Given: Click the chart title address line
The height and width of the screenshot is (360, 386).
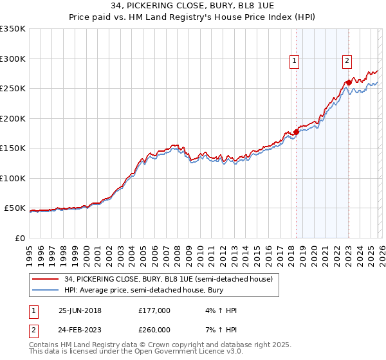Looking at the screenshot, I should tap(192, 5).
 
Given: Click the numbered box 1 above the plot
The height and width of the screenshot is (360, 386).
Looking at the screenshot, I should tap(294, 61).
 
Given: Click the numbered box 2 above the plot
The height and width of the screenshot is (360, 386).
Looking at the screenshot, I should tap(347, 61).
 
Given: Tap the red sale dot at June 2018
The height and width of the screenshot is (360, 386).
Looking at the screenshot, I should tap(296, 132).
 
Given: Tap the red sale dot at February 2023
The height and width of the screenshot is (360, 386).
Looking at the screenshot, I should tap(349, 82).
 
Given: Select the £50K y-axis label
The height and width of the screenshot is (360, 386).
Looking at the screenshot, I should tap(15, 208).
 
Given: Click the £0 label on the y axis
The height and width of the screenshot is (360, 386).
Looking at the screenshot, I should tap(20, 239).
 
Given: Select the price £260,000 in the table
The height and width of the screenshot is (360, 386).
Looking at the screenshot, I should tap(154, 330).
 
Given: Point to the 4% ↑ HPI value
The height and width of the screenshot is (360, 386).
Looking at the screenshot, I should tap(219, 310).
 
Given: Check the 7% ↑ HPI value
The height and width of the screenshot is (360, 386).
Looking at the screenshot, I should tap(219, 330).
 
